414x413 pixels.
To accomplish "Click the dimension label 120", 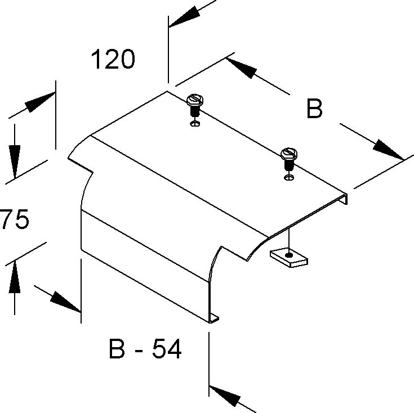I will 113,59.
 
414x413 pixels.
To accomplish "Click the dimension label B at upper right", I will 314,109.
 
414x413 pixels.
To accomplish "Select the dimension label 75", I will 14,220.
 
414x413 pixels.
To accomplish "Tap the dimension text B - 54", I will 145,350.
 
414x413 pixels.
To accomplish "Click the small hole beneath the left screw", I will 194,123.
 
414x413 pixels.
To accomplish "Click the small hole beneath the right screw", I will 289,177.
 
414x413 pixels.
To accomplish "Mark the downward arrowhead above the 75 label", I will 14,160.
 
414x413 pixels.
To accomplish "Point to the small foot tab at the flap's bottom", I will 214,320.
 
